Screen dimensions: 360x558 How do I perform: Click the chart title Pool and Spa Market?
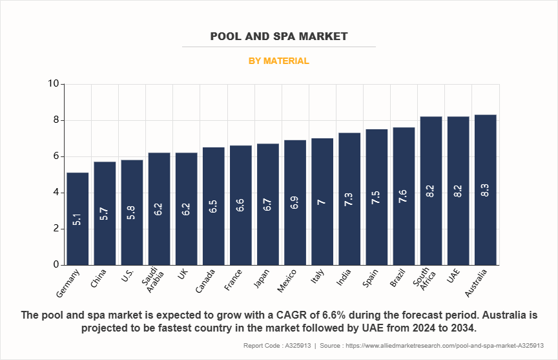279,36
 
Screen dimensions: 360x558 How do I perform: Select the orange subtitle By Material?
279,61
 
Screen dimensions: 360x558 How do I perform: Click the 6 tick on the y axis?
56,156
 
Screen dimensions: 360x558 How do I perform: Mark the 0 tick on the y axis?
56,265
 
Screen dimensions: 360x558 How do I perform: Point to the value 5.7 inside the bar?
105,213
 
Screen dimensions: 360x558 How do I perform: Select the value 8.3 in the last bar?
485,190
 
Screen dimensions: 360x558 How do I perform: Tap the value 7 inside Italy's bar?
322,202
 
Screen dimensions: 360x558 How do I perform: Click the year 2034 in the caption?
462,328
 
